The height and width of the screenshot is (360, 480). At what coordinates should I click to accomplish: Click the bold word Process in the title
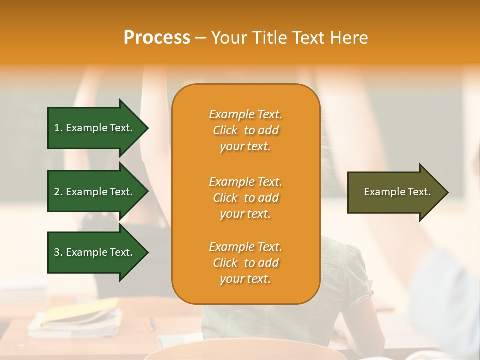pyautogui.click(x=157, y=38)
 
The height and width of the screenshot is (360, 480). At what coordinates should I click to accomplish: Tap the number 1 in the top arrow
pyautogui.click(x=57, y=128)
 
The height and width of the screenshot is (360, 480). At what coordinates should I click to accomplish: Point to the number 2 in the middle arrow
pyautogui.click(x=57, y=192)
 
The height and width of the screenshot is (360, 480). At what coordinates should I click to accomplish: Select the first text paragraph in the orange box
pyautogui.click(x=245, y=130)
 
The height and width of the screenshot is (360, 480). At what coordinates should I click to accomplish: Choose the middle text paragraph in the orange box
pyautogui.click(x=245, y=198)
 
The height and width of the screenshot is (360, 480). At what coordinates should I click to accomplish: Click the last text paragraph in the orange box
pyautogui.click(x=245, y=263)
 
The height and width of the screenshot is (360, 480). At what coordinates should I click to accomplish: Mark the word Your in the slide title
pyautogui.click(x=231, y=38)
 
